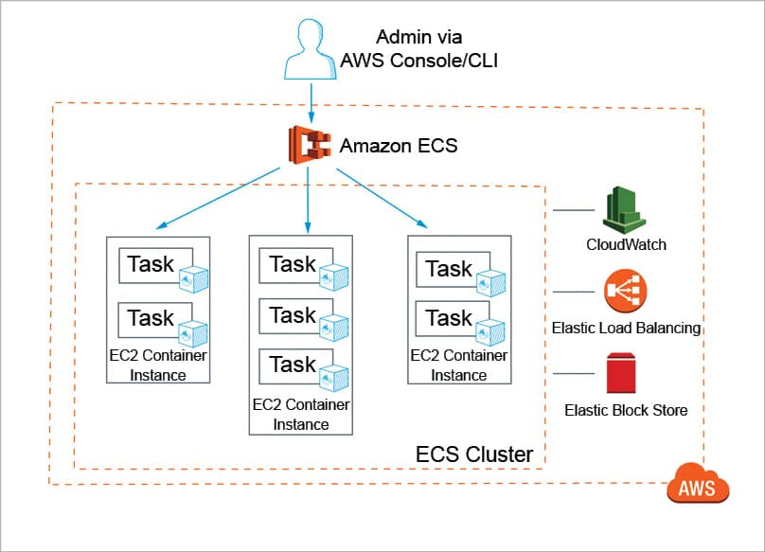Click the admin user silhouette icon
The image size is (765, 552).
pos(312,50)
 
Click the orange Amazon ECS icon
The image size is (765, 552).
pos(309,146)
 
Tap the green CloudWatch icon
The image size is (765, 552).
pos(625,209)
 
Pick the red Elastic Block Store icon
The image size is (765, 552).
pos(625,373)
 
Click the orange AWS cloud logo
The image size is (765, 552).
pos(698,487)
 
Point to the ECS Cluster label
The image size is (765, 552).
pos(474,454)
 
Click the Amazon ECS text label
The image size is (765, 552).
pos(398,146)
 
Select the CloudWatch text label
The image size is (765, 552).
pos(626,244)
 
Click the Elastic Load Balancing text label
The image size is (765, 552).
pos(626,328)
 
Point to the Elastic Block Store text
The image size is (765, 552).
pos(626,410)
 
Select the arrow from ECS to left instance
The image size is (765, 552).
pos(219,198)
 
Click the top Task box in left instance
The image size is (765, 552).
pos(151,264)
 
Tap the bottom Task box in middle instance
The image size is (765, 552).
pos(294,365)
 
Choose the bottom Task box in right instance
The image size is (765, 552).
pos(450,318)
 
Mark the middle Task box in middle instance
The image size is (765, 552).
pos(294,315)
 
